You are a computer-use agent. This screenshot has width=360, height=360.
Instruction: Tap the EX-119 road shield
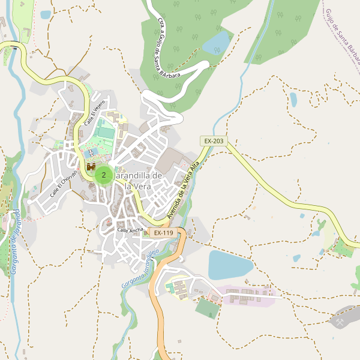163,233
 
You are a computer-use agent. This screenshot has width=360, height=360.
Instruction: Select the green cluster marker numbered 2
104,175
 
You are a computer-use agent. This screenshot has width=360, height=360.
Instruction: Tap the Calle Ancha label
130,230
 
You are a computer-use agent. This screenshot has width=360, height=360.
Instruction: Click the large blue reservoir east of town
230,265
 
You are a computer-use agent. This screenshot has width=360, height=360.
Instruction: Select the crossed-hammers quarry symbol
340,322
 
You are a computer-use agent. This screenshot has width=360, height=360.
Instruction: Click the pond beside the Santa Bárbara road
217,43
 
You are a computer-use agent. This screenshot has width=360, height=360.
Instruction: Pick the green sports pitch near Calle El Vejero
106,131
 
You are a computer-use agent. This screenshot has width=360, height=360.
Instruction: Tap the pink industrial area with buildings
246,295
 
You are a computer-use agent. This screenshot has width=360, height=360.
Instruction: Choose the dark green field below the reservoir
208,308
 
